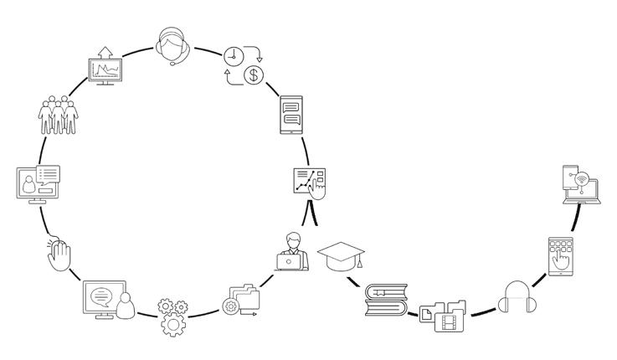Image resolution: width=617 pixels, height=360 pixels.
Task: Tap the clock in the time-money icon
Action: pyautogui.click(x=233, y=57)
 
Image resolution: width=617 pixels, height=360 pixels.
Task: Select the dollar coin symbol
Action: pyautogui.click(x=252, y=76)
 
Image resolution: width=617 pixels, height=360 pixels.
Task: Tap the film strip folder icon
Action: pyautogui.click(x=453, y=319)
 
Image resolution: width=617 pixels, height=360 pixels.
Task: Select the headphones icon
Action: pyautogui.click(x=514, y=300)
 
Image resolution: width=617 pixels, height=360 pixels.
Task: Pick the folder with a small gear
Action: pyautogui.click(x=242, y=300)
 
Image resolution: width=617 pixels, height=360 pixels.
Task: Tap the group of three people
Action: pyautogui.click(x=57, y=115)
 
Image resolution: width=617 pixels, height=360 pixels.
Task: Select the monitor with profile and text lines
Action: pyautogui.click(x=39, y=183)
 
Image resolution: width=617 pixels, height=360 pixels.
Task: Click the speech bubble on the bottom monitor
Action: pyautogui.click(x=100, y=295)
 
